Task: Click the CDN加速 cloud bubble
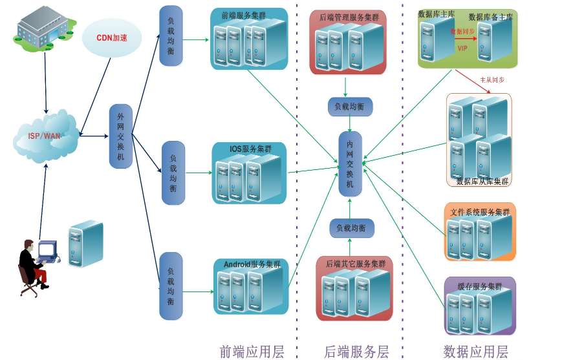click(111, 37)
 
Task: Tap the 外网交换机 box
click(121, 136)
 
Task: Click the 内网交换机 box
click(351, 164)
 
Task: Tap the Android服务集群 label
click(252, 264)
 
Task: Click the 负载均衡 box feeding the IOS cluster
click(173, 173)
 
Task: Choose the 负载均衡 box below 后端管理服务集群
click(350, 107)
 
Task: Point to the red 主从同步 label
click(492, 80)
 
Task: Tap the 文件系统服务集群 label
click(480, 212)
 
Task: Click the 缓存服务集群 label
click(480, 286)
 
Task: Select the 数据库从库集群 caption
click(482, 181)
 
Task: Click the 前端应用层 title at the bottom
click(252, 352)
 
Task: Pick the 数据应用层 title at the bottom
click(476, 352)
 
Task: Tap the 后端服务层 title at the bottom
click(356, 352)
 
